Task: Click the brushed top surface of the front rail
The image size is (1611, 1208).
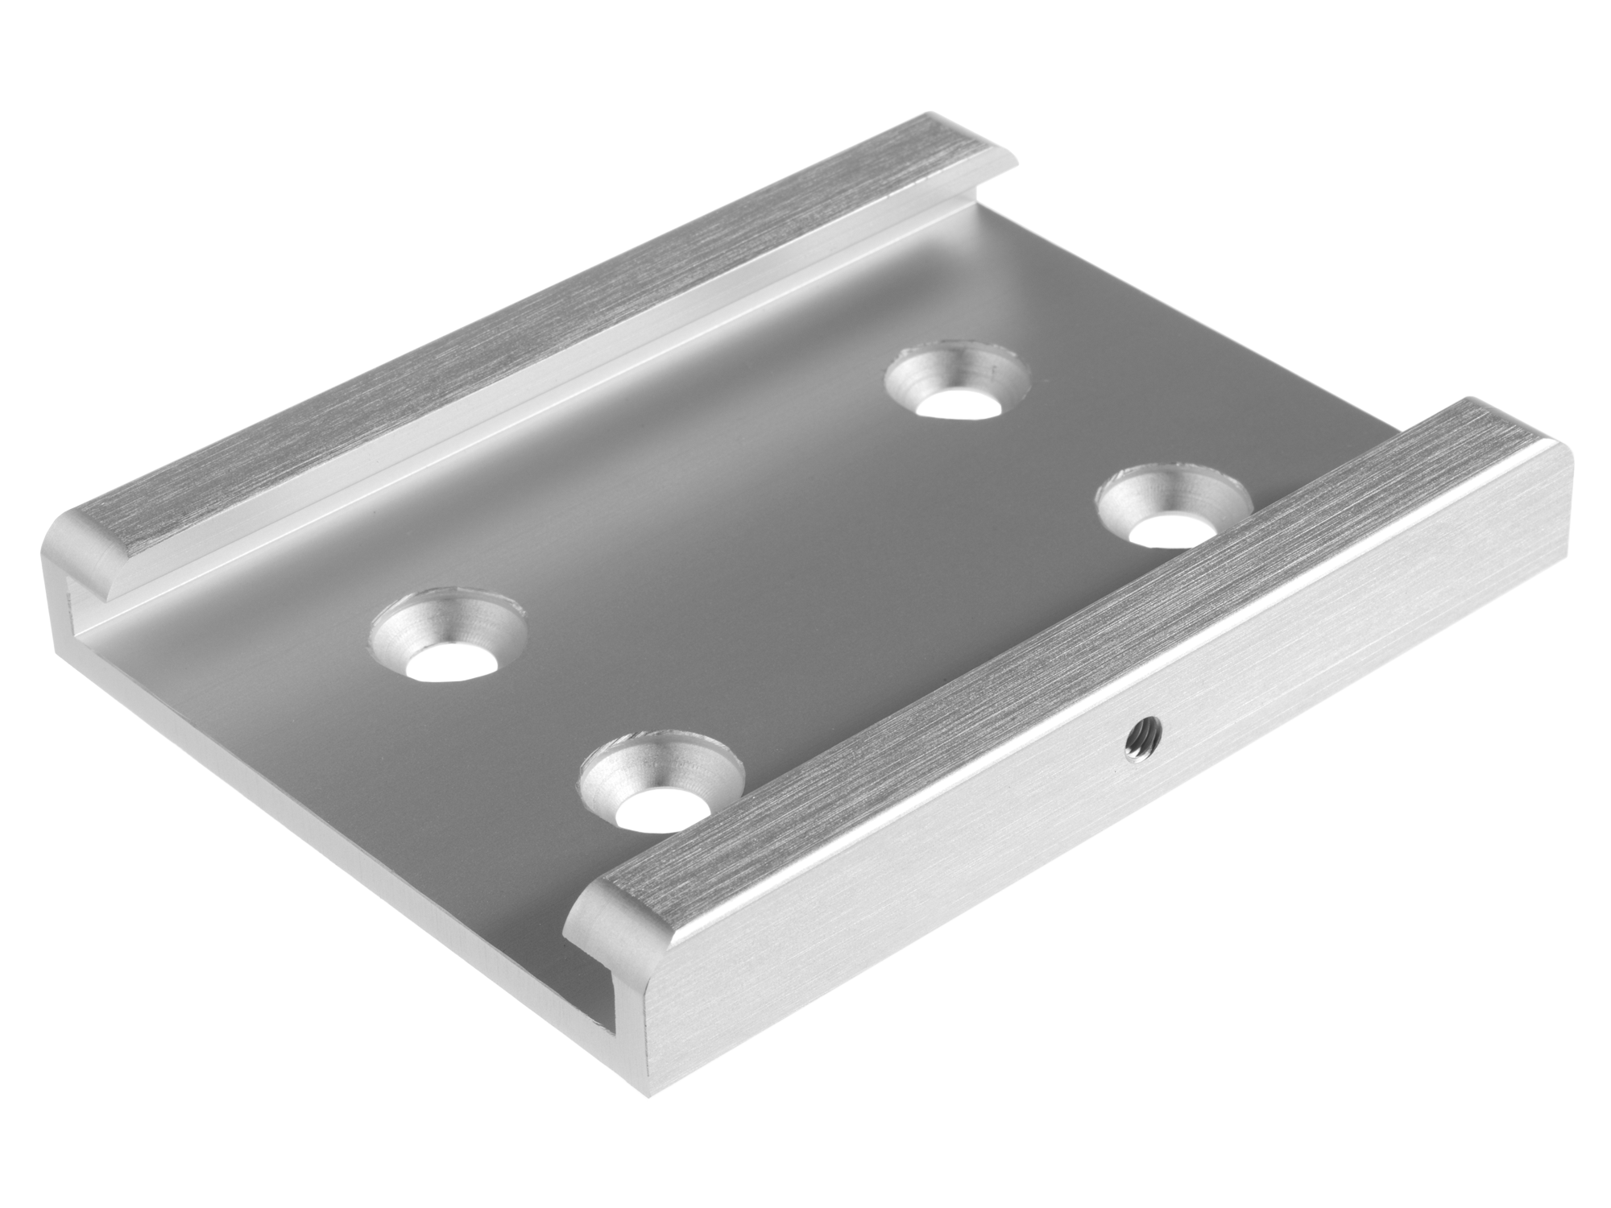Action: (1047, 644)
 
